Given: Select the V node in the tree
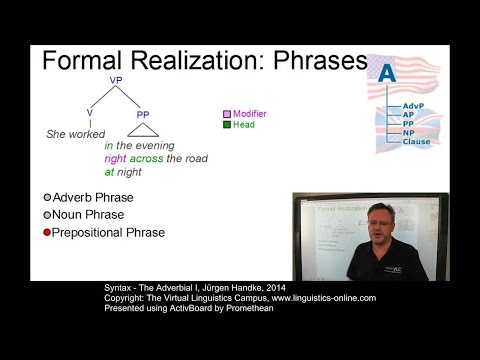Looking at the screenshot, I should pos(89,114).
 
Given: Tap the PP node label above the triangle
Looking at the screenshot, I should pos(143,115).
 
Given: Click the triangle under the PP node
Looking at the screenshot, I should pos(144,129).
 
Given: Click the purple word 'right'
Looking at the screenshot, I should pos(118,158).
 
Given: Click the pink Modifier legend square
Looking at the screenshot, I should pos(227,115).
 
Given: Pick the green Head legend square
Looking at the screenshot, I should pos(227,125).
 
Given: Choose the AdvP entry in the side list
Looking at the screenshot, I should pos(413,105).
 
